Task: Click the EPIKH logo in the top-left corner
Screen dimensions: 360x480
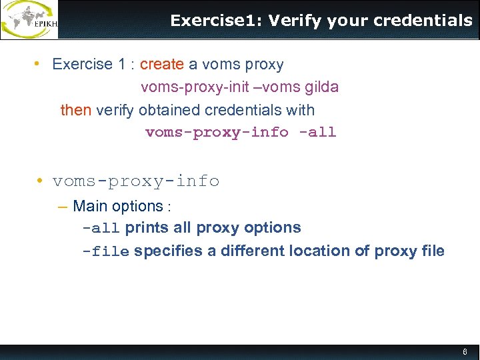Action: tap(29, 19)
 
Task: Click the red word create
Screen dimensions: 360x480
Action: tap(161, 65)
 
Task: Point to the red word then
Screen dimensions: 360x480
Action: tap(76, 110)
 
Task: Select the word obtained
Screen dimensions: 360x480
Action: tap(166, 110)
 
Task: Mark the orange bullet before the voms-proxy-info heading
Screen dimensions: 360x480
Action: tap(41, 181)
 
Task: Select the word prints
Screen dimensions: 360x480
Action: tap(147, 228)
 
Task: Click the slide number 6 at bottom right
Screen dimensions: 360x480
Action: tap(465, 351)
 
